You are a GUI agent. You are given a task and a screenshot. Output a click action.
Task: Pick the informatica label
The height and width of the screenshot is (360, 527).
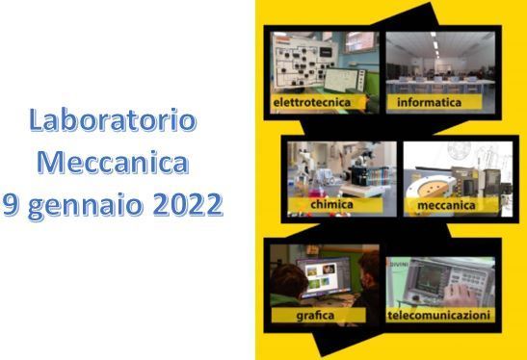click(430, 101)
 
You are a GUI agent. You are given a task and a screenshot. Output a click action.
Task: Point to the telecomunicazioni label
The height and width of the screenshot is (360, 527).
click(439, 315)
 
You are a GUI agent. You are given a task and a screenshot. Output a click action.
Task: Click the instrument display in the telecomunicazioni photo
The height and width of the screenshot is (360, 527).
click(425, 279)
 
